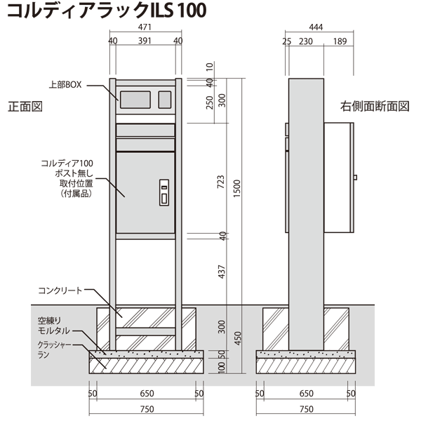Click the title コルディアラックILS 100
click(107, 11)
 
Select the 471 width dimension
click(145, 27)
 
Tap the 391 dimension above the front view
click(145, 41)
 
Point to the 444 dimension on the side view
click(316, 27)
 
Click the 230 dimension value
click(306, 41)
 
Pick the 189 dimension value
click(340, 41)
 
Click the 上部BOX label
click(65, 85)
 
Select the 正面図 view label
click(25, 107)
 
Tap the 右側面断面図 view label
click(375, 107)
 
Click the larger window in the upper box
click(135, 100)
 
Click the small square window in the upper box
click(165, 100)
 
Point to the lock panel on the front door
click(164, 192)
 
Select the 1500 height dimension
click(237, 189)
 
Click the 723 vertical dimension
click(221, 182)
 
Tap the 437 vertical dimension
click(221, 272)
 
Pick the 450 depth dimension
click(238, 338)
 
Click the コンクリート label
click(60, 290)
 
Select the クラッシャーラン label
click(55, 349)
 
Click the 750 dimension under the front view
click(147, 409)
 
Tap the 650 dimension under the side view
click(307, 394)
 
